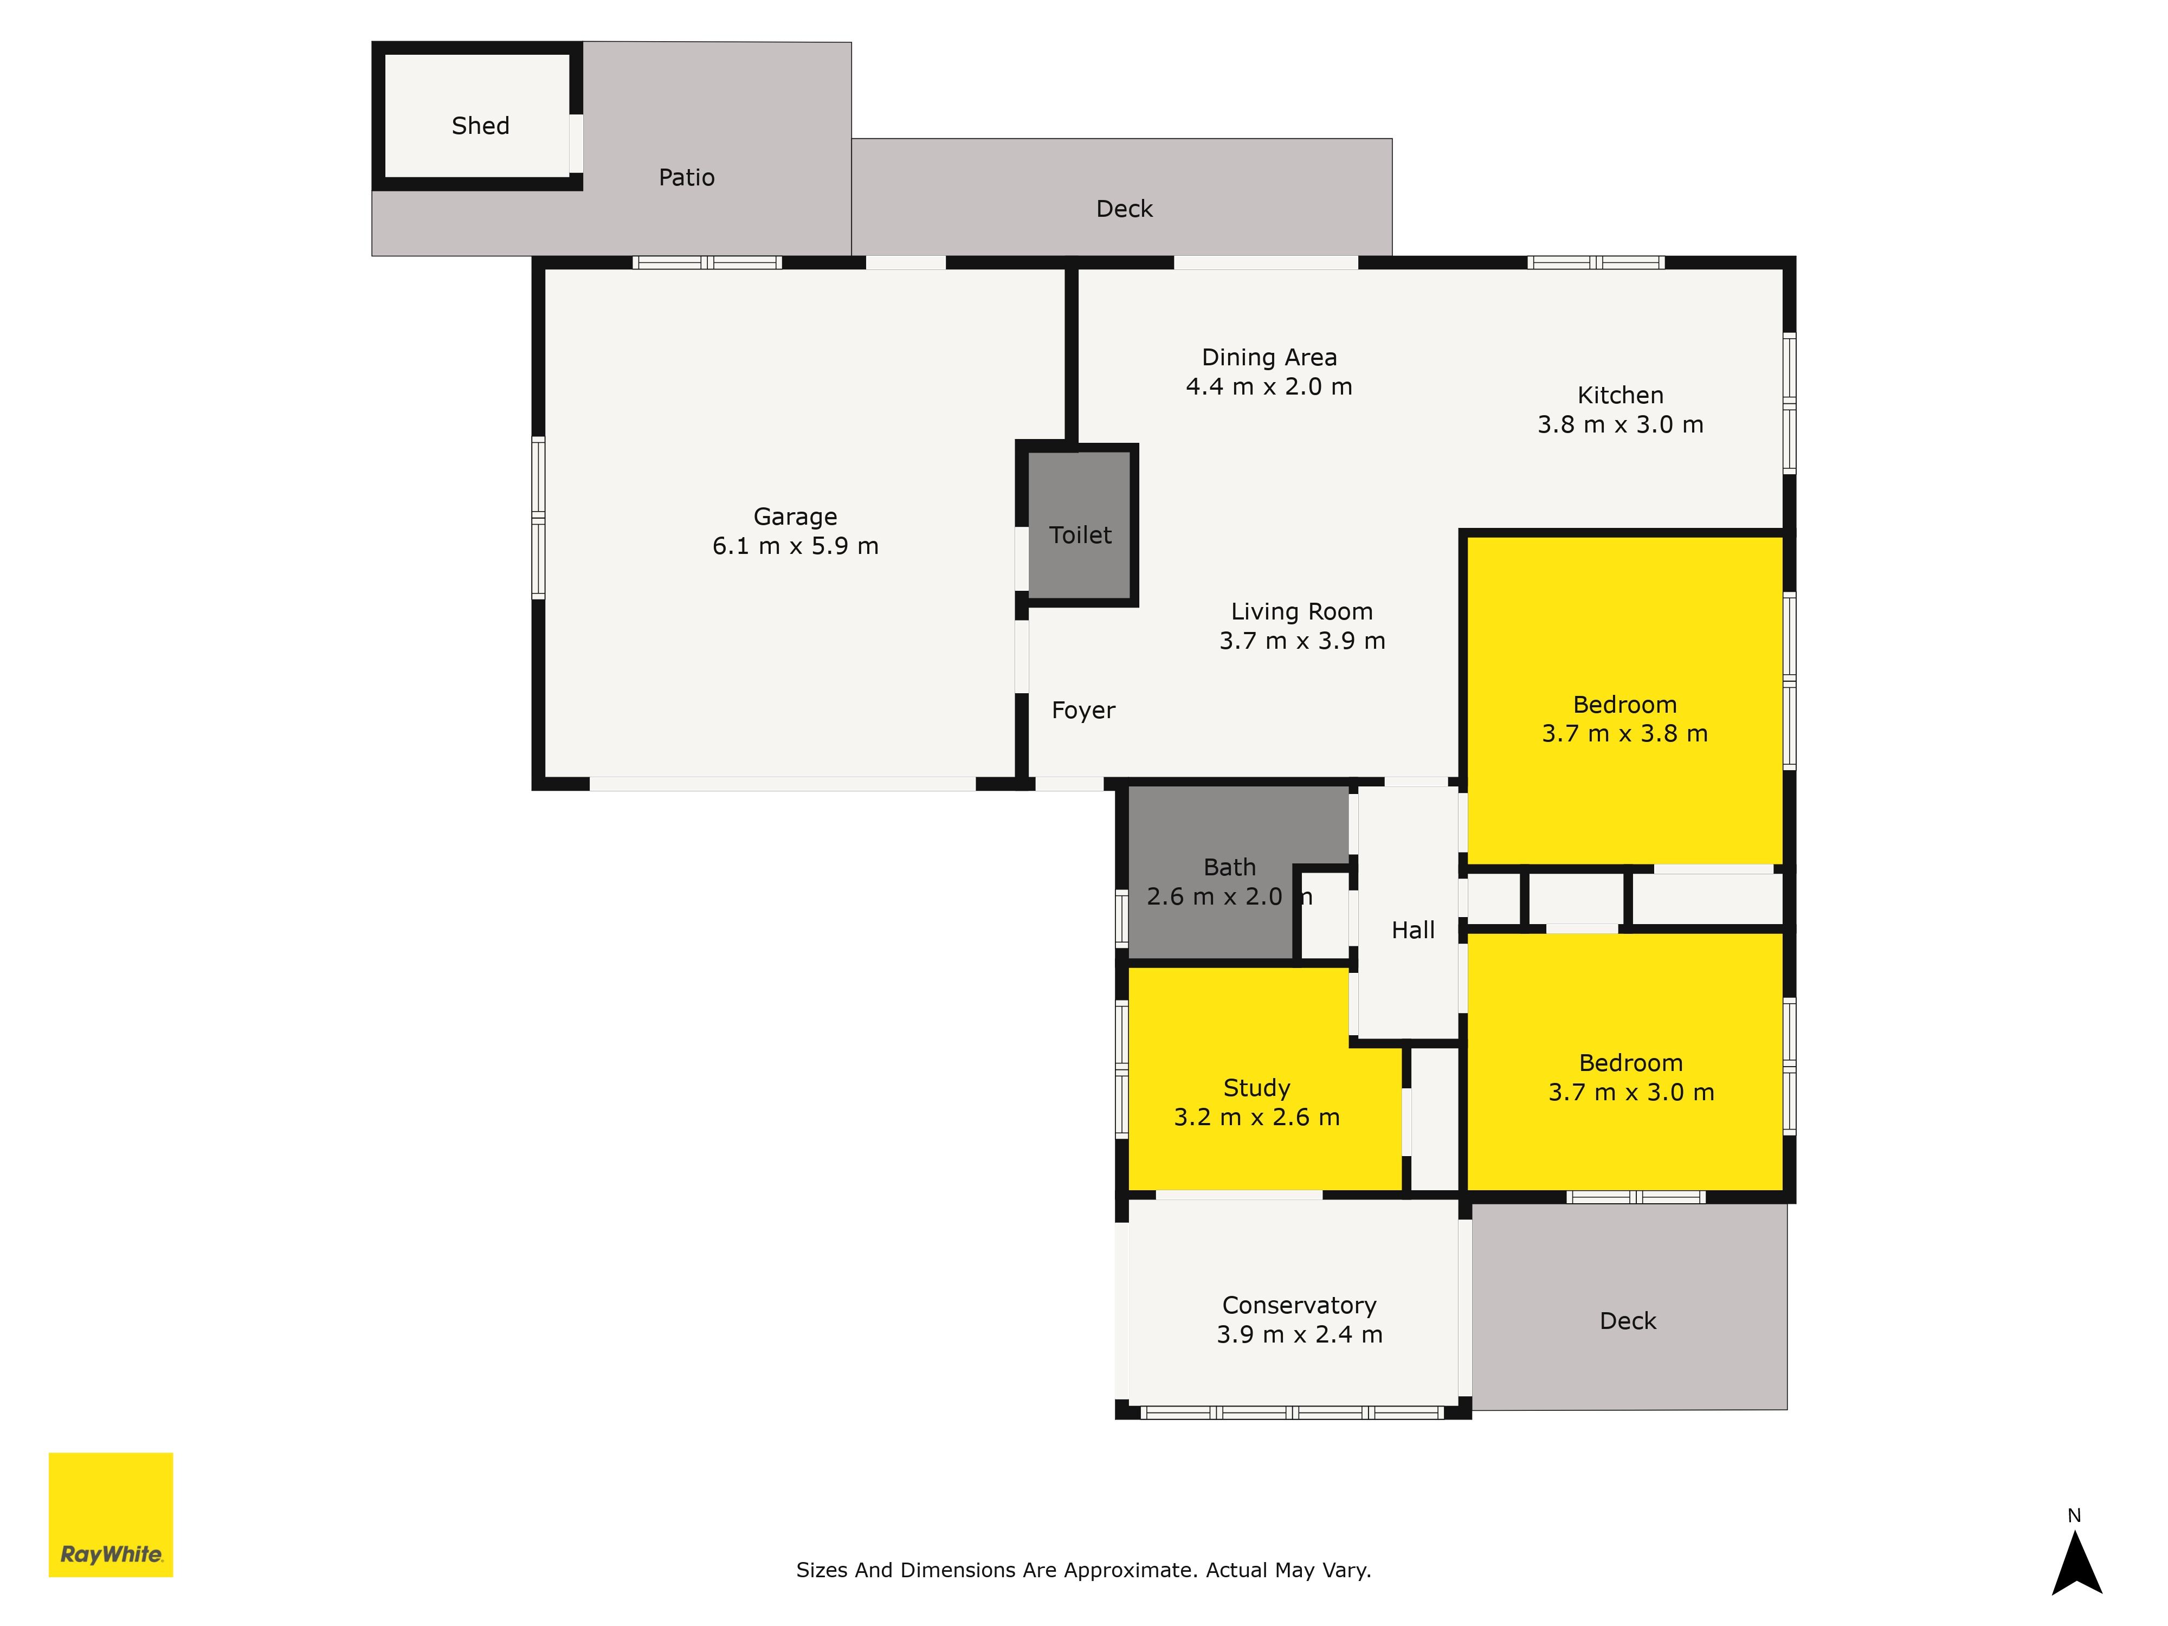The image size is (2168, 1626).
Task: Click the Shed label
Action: (x=480, y=125)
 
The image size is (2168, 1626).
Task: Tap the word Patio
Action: (x=686, y=177)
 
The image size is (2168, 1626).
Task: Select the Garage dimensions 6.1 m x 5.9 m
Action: (x=795, y=546)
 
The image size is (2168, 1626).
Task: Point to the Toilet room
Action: (x=1080, y=535)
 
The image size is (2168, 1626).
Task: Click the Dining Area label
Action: (x=1269, y=358)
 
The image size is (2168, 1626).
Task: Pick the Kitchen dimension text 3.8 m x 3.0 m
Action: (x=1620, y=424)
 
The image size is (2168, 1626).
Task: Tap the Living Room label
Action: (x=1301, y=611)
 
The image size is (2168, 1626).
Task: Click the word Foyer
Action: (x=1083, y=711)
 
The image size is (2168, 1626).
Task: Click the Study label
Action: (x=1256, y=1088)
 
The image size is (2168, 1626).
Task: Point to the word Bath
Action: (x=1229, y=867)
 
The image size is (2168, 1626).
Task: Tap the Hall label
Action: (x=1412, y=930)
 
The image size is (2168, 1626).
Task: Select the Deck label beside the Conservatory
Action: (x=1627, y=1321)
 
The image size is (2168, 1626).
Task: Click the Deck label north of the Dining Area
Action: (x=1124, y=209)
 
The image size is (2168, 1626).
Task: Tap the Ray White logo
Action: (x=111, y=1514)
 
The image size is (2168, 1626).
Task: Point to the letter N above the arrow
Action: (x=2074, y=1515)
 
